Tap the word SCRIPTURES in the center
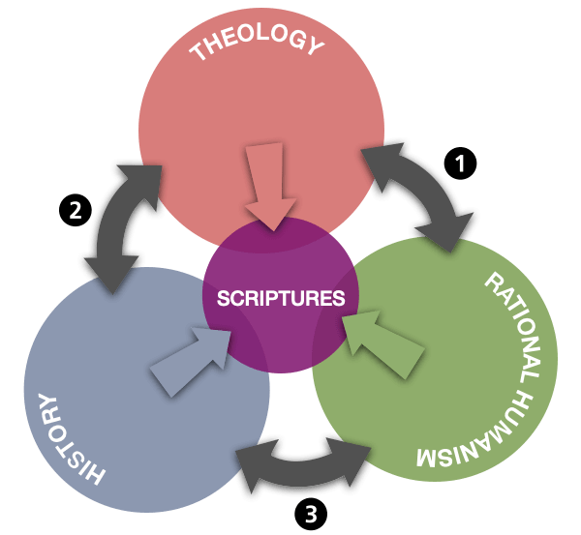click(281, 298)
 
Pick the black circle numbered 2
click(72, 206)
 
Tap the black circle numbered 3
click(309, 512)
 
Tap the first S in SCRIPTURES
click(222, 298)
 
